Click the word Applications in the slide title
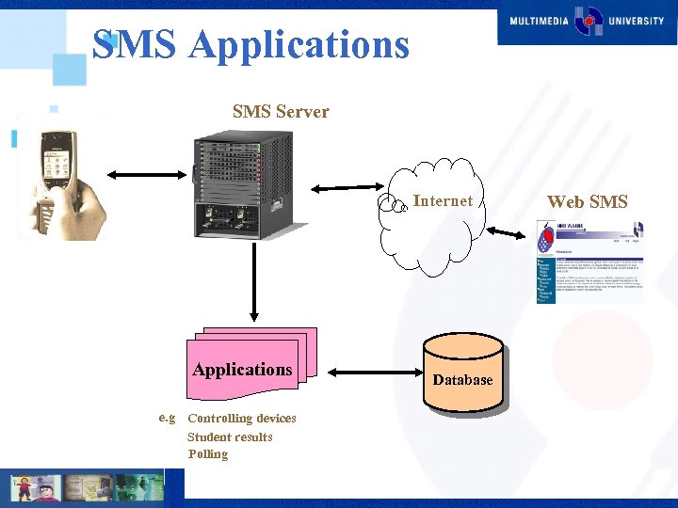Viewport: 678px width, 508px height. click(299, 44)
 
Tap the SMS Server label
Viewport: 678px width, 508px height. click(281, 112)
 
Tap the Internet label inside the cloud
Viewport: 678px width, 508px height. click(444, 200)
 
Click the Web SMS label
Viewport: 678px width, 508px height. click(588, 201)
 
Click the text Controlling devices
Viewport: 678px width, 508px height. click(242, 419)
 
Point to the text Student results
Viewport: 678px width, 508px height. click(230, 437)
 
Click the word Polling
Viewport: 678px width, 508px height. click(207, 453)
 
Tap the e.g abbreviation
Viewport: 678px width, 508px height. click(168, 417)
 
